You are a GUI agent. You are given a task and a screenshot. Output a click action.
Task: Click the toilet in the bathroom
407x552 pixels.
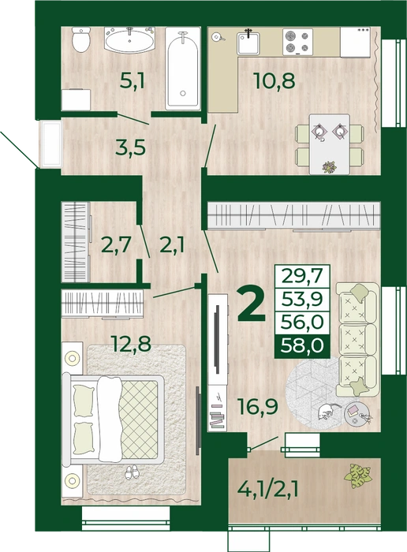81,39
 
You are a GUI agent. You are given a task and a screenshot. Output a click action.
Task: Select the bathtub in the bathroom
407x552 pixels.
183,69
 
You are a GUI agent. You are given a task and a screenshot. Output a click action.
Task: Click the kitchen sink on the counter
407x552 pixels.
248,43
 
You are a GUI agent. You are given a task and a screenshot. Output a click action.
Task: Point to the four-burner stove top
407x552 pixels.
298,42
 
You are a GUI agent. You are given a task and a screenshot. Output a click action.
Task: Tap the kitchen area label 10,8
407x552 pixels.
274,80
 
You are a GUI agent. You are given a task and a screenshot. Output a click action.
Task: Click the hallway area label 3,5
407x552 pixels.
131,147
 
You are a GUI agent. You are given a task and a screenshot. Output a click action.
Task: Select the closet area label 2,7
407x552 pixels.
116,244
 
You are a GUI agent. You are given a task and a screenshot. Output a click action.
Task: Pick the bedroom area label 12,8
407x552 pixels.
131,344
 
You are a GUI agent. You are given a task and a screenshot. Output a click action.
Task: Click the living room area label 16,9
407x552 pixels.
258,405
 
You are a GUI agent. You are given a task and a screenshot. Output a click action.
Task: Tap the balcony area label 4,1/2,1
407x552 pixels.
268,490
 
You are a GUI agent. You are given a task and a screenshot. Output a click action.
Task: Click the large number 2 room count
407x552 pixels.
251,304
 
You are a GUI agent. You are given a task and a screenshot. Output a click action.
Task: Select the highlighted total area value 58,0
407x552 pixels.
302,345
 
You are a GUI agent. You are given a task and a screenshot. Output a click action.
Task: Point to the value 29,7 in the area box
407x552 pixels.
302,276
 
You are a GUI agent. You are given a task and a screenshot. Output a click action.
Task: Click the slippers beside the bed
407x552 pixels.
133,472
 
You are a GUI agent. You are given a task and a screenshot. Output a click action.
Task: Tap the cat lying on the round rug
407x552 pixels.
327,411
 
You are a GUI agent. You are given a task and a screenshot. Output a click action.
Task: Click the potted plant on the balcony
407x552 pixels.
358,476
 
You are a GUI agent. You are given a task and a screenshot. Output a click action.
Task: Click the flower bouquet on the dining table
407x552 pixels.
330,167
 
